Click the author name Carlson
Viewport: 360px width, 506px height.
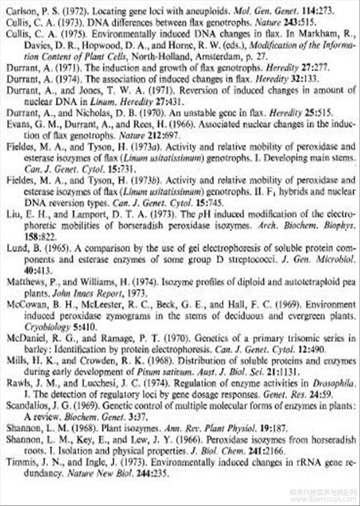[20, 11]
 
